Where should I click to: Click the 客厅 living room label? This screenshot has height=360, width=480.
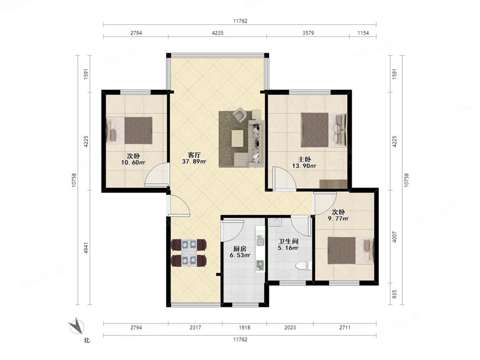[x=194, y=155]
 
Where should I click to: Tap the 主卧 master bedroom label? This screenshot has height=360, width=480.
[x=305, y=159]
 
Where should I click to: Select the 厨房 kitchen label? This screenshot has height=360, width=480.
[x=240, y=249]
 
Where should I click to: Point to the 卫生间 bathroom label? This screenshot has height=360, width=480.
[x=288, y=241]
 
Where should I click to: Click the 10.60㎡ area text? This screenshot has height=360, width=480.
[x=133, y=163]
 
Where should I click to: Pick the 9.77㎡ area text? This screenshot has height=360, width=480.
[x=338, y=218]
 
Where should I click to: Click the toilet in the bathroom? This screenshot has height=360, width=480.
[x=304, y=266]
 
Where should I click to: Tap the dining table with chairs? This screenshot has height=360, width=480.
[x=189, y=253]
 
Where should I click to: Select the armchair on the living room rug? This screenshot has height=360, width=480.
[x=240, y=115]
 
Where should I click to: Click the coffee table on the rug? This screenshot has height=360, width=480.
[x=238, y=138]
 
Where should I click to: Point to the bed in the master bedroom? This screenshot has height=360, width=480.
[x=324, y=130]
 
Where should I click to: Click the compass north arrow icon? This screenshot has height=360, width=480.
[x=76, y=326]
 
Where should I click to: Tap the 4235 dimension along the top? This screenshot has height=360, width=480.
[x=217, y=33]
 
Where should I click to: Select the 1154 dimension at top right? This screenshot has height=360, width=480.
[x=363, y=33]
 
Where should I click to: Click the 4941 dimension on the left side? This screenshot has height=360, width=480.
[x=86, y=248]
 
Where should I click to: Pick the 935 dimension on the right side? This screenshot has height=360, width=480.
[x=394, y=294]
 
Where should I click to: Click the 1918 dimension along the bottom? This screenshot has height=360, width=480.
[x=244, y=327]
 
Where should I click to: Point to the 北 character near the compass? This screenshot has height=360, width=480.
[x=86, y=340]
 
